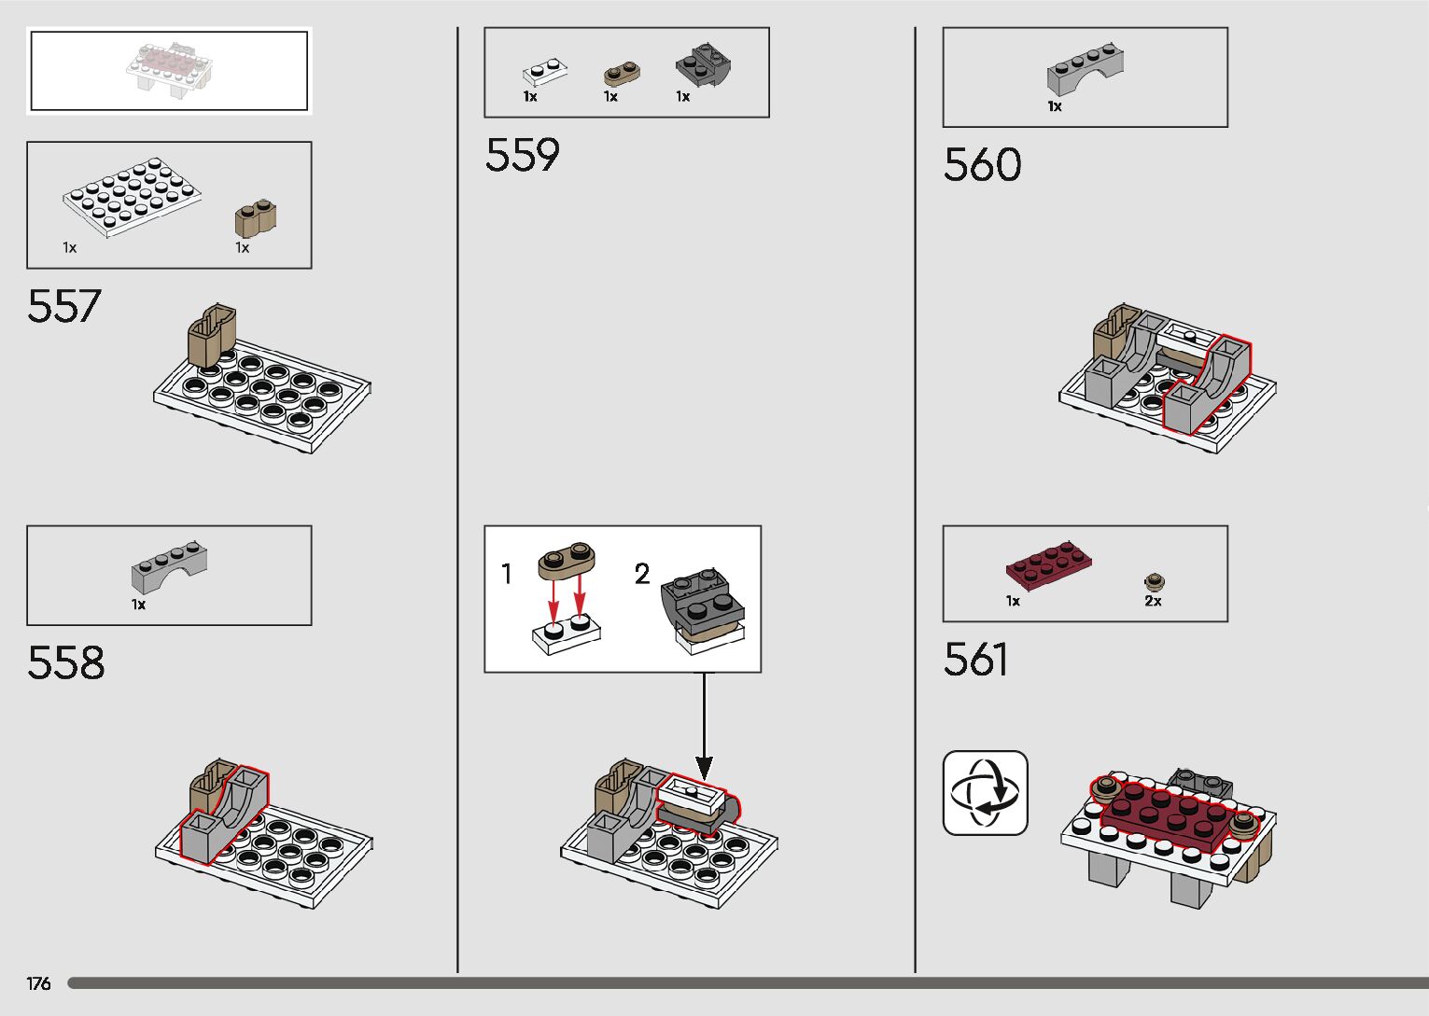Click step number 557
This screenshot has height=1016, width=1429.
pos(63,306)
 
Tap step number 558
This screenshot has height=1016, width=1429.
pos(65,662)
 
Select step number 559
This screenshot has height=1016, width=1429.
pos(522,155)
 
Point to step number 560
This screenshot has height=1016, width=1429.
pos(982,165)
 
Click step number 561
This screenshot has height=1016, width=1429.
pos(975,660)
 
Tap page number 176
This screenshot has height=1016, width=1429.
pos(38,983)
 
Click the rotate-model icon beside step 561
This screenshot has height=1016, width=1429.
pos(985,793)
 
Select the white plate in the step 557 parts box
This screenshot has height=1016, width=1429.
pos(132,196)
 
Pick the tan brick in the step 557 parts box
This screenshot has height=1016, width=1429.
pos(255,219)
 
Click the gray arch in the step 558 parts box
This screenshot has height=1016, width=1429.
pos(169,568)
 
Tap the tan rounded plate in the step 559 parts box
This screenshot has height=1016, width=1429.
pos(621,72)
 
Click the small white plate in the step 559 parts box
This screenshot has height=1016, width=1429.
pos(545,72)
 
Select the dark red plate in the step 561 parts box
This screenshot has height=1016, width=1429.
pos(1048,564)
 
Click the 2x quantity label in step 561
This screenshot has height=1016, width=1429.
pos(1153,602)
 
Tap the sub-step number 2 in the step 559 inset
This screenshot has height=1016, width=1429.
pos(642,574)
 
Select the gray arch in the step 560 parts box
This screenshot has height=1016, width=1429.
pos(1084,68)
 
